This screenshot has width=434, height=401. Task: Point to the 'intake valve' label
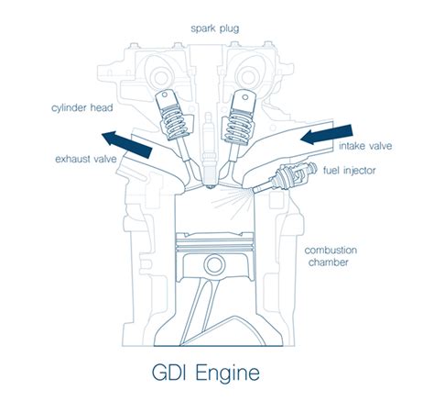click(x=364, y=145)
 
